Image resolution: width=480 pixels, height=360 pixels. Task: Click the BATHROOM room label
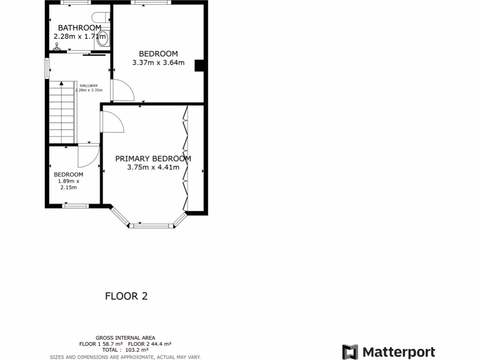click(x=79, y=28)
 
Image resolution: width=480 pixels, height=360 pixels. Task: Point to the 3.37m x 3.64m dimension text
click(x=158, y=63)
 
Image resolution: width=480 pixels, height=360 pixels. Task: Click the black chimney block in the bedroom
click(x=199, y=66)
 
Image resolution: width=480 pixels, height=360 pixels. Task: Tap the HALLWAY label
click(x=89, y=85)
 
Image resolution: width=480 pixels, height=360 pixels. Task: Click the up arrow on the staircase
click(x=61, y=84)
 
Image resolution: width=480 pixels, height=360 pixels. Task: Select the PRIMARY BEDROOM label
click(x=153, y=158)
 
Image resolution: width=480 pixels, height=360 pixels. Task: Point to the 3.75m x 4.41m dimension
click(x=153, y=167)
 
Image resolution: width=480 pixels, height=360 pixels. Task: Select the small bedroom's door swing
click(x=88, y=156)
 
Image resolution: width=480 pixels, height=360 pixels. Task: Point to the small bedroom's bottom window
click(x=75, y=205)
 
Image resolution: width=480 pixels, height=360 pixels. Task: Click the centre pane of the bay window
click(x=151, y=226)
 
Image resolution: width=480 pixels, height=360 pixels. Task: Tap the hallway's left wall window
click(x=47, y=68)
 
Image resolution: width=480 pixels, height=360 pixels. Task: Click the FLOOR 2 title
click(x=126, y=296)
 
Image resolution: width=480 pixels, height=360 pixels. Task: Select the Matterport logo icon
click(x=350, y=352)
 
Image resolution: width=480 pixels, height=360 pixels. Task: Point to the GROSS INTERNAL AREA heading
click(x=125, y=337)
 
